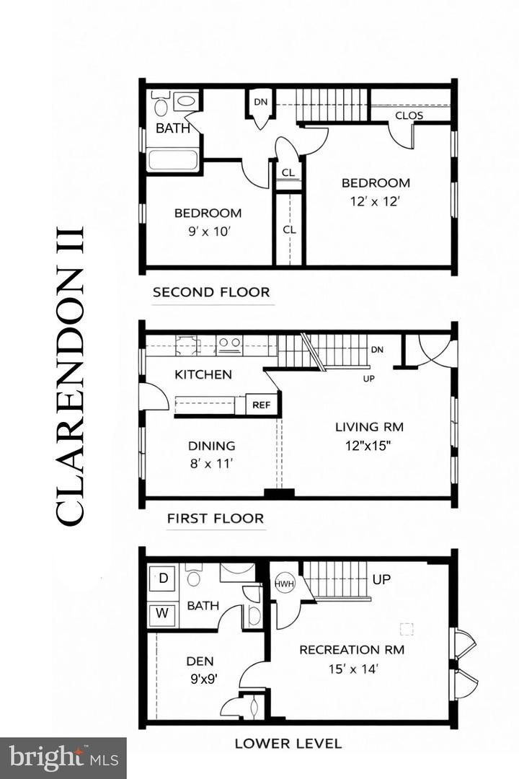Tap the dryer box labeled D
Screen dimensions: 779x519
pos(163,578)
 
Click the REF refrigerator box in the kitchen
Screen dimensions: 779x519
pos(261,405)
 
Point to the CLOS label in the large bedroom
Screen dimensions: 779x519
pos(409,115)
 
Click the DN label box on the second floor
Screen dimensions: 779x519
pos(260,102)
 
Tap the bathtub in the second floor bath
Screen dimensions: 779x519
pos(172,159)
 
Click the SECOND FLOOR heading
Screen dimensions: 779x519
pos(211,292)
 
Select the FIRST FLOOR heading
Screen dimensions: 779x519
pos(215,518)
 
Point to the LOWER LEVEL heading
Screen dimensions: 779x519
pos(288,743)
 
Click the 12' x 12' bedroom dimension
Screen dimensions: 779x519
pos(376,201)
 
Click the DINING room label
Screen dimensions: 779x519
pos(212,446)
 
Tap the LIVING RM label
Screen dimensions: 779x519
pos(369,426)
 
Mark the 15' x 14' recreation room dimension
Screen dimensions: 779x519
pos(352,669)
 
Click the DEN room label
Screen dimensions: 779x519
pos(200,661)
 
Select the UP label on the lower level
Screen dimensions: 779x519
pos(382,579)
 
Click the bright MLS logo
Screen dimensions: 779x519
pos(63,757)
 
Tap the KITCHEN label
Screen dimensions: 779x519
pos(203,374)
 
